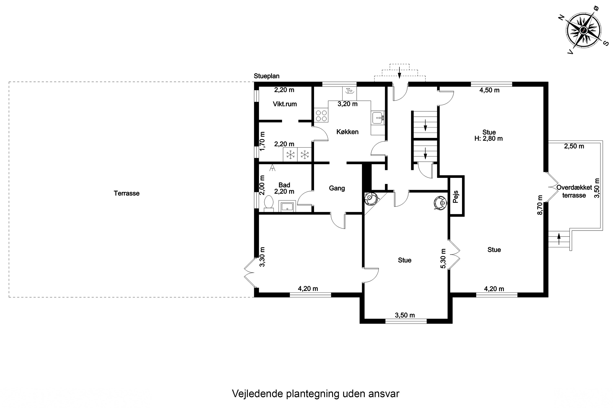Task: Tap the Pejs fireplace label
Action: [456, 197]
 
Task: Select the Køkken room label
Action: [347, 132]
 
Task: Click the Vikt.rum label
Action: [285, 104]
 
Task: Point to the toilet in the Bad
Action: [268, 203]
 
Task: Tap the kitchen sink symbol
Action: [378, 118]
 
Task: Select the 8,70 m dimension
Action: [540, 205]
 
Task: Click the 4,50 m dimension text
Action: [489, 90]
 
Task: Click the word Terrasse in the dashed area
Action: [126, 193]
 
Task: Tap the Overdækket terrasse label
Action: [574, 191]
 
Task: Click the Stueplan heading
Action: [266, 76]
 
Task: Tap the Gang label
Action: [337, 188]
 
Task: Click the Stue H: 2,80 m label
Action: [489, 135]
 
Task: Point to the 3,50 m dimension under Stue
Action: [405, 315]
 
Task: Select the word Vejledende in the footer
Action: [257, 394]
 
